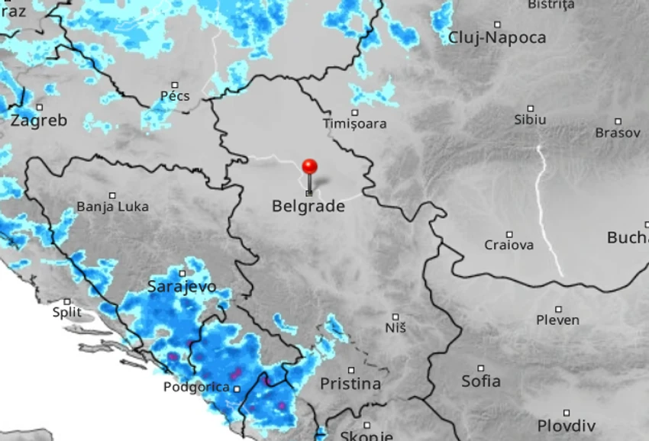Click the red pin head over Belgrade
309,166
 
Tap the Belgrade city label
308,206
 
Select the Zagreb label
39,120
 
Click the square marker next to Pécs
175,85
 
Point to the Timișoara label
354,123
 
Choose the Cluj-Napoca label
497,37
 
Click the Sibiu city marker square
531,108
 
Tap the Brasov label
618,133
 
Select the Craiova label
509,245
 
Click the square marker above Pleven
559,309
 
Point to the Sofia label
481,381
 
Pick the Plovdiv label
566,425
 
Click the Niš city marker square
396,316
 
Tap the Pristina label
350,384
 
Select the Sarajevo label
182,288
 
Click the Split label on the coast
66,312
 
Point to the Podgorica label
196,387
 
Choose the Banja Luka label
112,207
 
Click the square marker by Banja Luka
112,195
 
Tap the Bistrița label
551,5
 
